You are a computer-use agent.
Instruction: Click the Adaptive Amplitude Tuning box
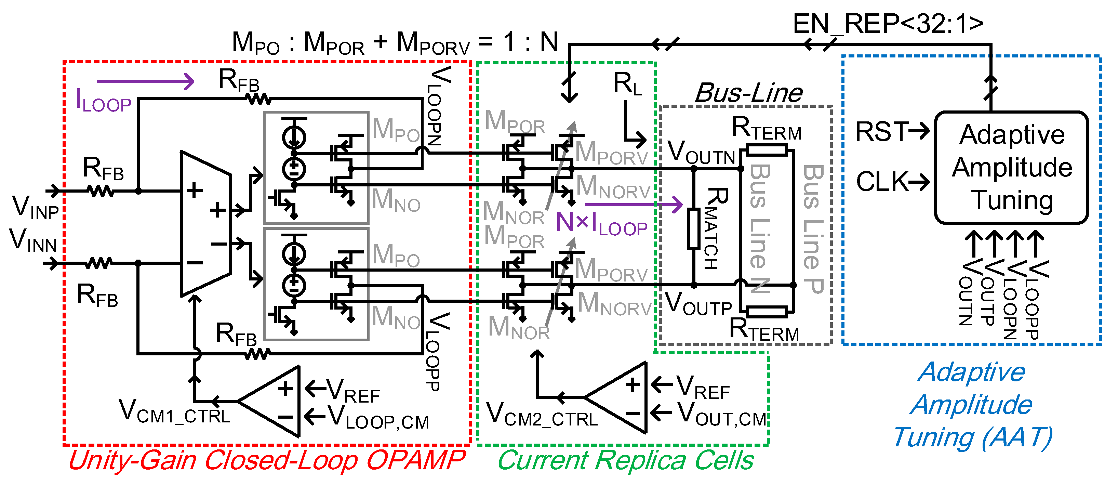pyautogui.click(x=1011, y=168)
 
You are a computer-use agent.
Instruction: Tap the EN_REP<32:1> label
pyautogui.click(x=888, y=24)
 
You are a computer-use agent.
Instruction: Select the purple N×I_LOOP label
pyautogui.click(x=601, y=223)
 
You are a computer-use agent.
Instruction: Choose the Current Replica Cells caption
pyautogui.click(x=625, y=460)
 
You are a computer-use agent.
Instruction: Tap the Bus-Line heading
pyautogui.click(x=749, y=92)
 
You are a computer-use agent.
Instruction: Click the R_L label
pyautogui.click(x=627, y=83)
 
